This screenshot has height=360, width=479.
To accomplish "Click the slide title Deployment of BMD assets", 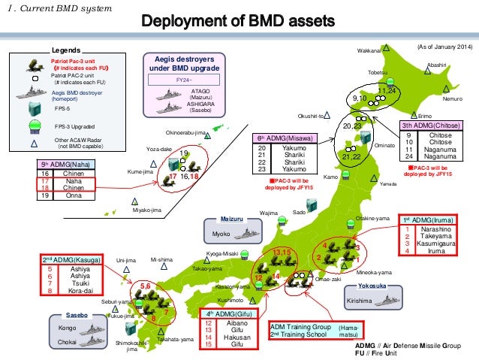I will pos(239,20).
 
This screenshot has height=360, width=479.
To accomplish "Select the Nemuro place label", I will pos(452,98).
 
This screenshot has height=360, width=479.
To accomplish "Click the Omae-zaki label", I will pos(327,278).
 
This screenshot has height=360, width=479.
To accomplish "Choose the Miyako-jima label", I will pos(147,210).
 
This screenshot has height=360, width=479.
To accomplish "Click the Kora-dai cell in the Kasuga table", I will pos(79,289).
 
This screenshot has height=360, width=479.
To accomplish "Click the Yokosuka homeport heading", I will pos(372,286).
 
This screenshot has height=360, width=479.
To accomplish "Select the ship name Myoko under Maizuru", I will pos(220,234).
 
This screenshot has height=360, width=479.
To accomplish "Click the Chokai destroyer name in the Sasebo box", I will pos(65,342).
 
